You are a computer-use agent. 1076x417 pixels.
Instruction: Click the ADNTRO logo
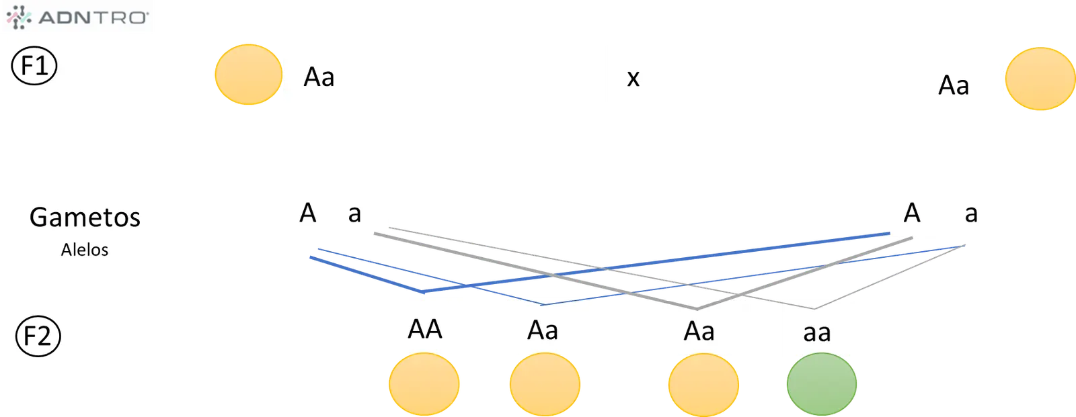77,17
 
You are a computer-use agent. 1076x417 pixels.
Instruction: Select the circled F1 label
34,66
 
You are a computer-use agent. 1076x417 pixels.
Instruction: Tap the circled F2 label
38,336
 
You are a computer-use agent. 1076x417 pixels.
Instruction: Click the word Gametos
85,218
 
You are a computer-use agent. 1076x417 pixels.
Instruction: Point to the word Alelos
85,250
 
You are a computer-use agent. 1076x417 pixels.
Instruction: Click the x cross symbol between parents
633,78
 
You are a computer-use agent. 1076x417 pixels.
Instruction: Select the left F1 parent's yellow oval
248,75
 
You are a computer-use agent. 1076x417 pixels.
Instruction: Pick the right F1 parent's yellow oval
1040,79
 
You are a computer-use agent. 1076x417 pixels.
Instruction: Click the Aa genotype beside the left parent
319,77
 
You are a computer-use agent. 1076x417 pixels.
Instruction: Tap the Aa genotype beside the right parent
954,85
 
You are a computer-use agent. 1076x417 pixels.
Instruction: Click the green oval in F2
821,384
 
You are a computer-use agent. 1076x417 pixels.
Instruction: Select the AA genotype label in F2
424,329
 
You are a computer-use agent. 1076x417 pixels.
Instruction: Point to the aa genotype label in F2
816,333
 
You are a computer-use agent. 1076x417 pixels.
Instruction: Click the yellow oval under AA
424,384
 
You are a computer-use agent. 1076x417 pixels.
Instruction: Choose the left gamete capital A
308,213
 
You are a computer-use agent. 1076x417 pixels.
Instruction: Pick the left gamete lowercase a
354,214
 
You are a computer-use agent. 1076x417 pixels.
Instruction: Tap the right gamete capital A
912,213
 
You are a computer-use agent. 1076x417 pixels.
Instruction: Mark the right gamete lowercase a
971,214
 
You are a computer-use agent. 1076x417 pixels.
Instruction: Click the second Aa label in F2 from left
699,331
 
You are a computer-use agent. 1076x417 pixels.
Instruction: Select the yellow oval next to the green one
703,385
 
